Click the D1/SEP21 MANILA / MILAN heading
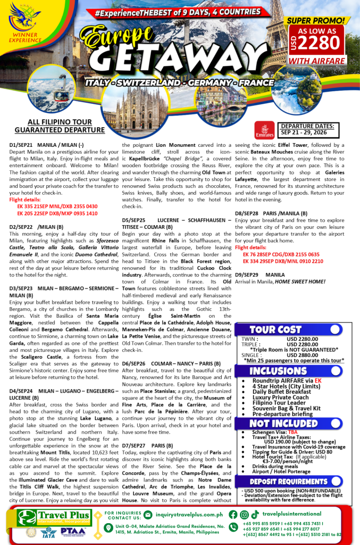coord(46,145)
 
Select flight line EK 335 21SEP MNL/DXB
coord(57,206)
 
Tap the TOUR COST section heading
coord(275,329)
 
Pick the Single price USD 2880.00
coord(302,354)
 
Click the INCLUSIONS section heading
coord(278,370)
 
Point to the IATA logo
coord(47,535)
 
